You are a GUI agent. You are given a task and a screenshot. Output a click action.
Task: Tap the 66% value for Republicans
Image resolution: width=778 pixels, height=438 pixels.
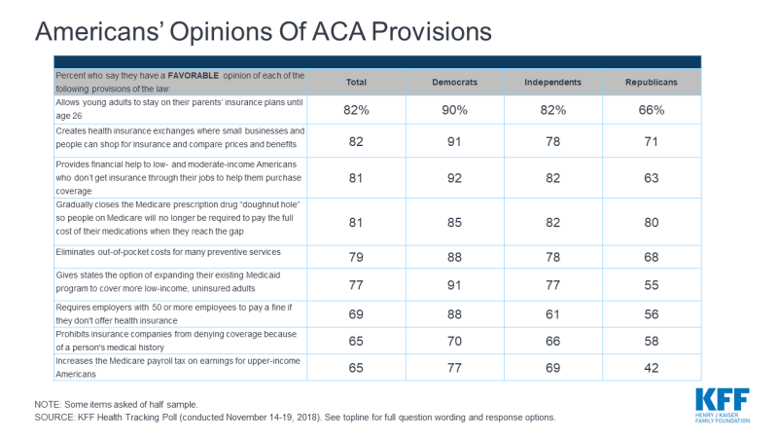652,110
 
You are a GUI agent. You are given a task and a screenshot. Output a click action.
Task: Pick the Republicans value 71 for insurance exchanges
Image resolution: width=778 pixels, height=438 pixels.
652,141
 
